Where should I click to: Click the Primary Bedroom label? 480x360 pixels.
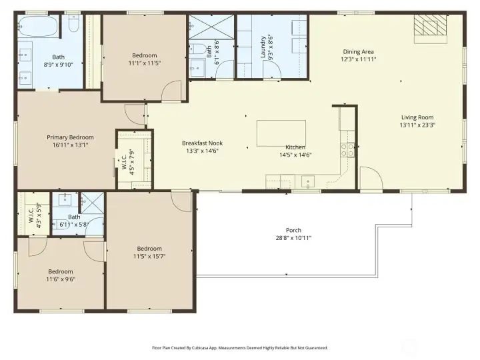(x=70, y=137)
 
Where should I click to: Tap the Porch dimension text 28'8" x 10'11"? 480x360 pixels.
(x=293, y=238)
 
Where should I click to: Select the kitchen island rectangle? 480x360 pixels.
(x=281, y=133)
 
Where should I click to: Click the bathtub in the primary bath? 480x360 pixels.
(x=37, y=26)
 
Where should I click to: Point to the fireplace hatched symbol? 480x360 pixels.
(x=431, y=25)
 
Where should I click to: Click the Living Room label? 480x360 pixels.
(x=417, y=117)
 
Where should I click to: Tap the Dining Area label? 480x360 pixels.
(x=358, y=52)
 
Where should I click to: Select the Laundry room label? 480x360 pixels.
(x=263, y=47)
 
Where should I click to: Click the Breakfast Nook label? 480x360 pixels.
(x=203, y=143)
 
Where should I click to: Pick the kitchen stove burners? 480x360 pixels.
(x=347, y=150)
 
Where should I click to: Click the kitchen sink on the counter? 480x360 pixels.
(x=307, y=182)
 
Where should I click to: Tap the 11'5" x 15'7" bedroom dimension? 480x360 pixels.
(x=149, y=256)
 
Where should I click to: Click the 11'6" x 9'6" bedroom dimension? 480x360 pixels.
(x=61, y=279)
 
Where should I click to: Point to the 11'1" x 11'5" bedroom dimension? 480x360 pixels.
(x=145, y=63)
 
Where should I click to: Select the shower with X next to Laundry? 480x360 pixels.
(x=211, y=27)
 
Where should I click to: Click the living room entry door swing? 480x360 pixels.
(x=371, y=178)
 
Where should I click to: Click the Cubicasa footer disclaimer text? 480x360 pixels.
(x=240, y=348)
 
